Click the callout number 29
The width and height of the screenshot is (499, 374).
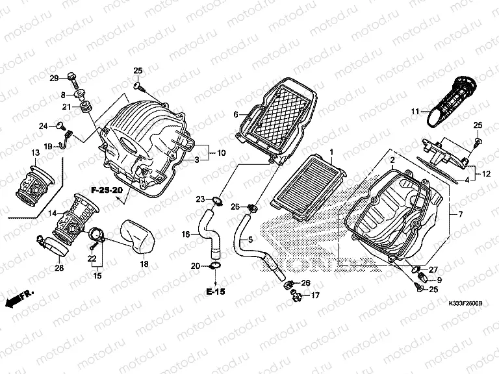pos(55,79)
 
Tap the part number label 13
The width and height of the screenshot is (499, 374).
pos(36,152)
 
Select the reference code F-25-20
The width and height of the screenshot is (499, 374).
pos(106,191)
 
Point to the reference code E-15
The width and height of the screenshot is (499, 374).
pos(218,292)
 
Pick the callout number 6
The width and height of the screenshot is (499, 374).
pos(237,114)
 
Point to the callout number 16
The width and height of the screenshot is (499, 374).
pos(185,234)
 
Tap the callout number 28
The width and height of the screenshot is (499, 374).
pos(59,268)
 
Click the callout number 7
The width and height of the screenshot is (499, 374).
pos(461,214)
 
